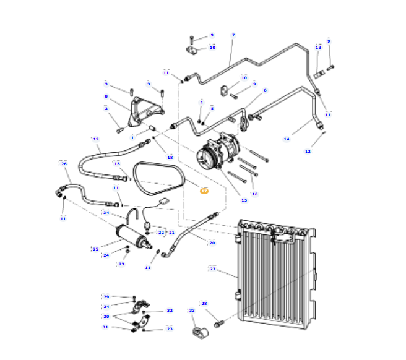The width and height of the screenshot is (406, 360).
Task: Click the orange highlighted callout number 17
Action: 204,191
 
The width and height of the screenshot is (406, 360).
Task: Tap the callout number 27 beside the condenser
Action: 212,269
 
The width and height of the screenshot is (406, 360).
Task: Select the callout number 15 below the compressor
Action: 244,200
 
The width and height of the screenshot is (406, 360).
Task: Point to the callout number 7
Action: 233,35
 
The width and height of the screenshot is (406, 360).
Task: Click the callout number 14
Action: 287,139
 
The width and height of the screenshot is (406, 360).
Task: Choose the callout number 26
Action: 64,164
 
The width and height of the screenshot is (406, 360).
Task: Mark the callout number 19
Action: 96,139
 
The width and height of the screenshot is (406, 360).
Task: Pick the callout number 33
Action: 192,311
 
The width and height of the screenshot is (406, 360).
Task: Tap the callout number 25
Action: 95,249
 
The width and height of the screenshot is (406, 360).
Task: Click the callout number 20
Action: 212,243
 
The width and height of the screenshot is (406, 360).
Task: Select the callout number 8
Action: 106,96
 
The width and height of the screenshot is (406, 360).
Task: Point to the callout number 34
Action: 106,213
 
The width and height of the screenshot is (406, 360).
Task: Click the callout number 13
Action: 318,48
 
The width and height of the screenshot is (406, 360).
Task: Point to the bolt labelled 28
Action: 218,323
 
